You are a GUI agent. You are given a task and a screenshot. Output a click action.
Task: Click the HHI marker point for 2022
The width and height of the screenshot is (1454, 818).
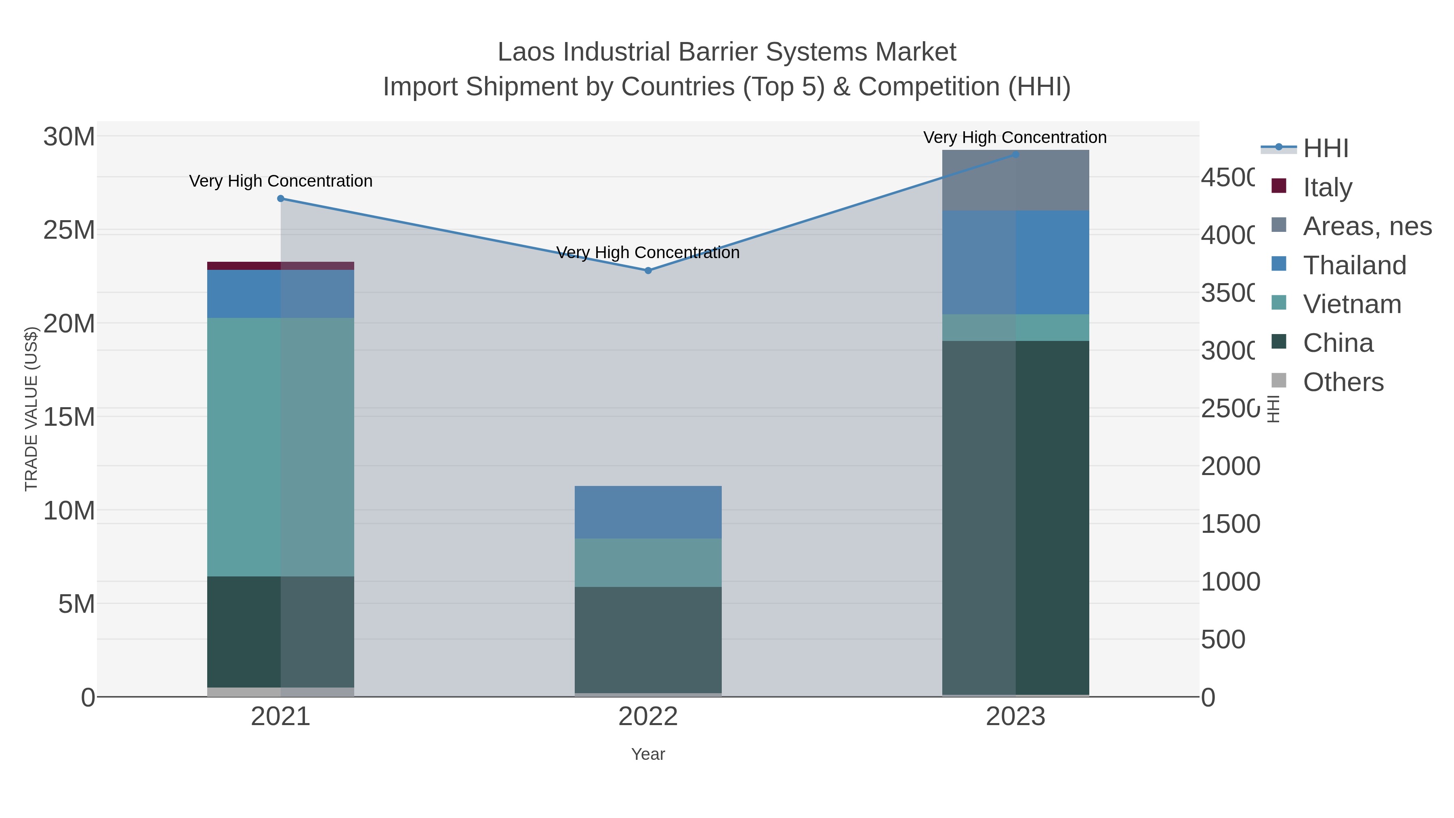click(648, 270)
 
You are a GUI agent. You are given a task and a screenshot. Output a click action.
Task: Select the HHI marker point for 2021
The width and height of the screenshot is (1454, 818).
click(281, 198)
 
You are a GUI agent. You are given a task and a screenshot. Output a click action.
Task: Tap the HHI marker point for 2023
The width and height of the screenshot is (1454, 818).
click(1015, 154)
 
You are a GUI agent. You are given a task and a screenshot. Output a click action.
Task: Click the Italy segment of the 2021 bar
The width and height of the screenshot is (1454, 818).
click(281, 266)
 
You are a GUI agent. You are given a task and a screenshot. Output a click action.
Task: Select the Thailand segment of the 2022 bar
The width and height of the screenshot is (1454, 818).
click(648, 512)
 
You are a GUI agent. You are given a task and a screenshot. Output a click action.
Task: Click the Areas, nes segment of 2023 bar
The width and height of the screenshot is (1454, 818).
click(1015, 181)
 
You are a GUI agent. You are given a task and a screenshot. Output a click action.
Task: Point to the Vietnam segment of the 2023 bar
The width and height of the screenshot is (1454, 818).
click(1015, 328)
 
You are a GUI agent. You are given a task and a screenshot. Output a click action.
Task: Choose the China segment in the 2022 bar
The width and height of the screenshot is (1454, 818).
click(648, 639)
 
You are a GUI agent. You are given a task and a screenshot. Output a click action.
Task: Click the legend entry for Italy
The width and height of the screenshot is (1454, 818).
click(1328, 187)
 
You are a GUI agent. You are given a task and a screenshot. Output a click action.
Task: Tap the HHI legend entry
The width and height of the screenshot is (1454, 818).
click(1325, 149)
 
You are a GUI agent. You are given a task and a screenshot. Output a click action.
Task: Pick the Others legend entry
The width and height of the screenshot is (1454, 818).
click(1343, 382)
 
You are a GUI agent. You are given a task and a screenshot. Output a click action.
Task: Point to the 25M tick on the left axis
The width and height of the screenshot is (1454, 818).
click(69, 230)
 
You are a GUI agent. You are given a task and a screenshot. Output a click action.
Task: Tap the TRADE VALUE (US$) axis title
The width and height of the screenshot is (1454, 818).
click(31, 409)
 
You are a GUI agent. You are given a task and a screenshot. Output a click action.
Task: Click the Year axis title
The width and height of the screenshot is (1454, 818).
click(648, 754)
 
